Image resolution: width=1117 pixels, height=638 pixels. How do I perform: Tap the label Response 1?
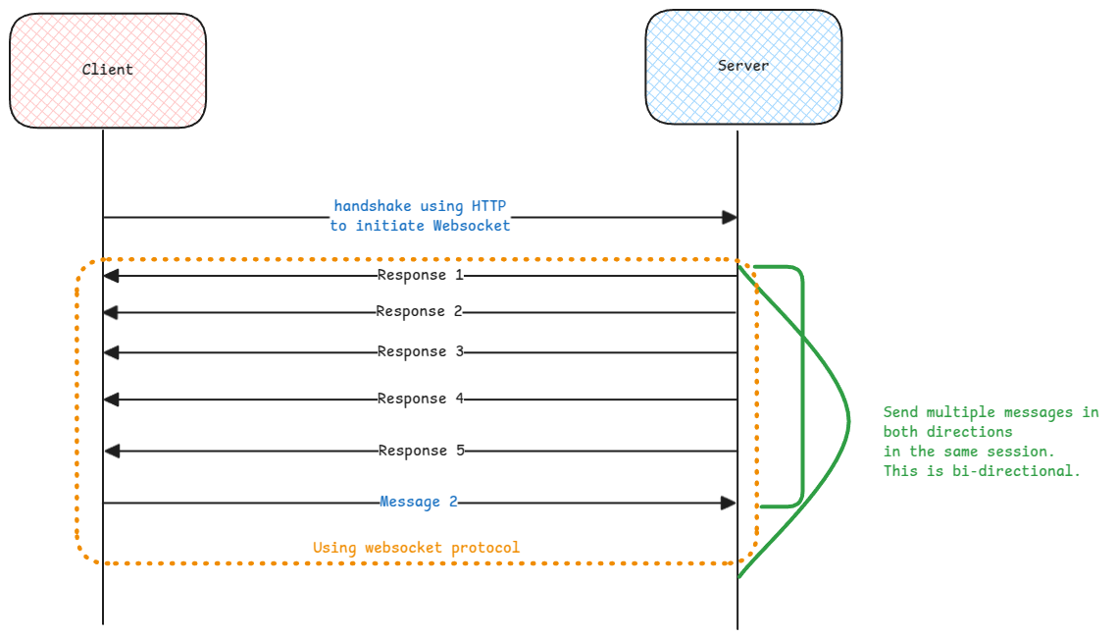[x=420, y=275]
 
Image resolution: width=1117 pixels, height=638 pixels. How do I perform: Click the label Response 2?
[x=419, y=311]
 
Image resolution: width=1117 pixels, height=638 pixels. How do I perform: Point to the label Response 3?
[x=420, y=351]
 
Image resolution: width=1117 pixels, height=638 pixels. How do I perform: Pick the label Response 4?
[x=420, y=399]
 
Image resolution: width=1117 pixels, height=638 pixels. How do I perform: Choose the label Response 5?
[x=421, y=451]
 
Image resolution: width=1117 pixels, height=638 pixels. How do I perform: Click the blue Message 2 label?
[x=419, y=502]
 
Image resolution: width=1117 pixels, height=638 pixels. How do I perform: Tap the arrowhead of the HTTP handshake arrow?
[x=729, y=217]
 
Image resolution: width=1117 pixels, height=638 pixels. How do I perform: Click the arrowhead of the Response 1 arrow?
[x=111, y=276]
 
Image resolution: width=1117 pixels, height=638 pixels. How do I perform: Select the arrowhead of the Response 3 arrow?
[x=111, y=351]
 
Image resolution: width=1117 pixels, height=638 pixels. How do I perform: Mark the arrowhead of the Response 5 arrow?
[x=112, y=451]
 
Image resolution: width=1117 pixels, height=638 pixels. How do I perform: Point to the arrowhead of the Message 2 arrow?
[x=728, y=503]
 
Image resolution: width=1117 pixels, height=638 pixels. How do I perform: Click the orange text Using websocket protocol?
[x=416, y=547]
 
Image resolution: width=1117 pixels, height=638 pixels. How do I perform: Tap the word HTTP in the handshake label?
[x=490, y=206]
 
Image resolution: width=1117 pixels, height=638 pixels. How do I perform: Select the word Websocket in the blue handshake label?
[x=472, y=225]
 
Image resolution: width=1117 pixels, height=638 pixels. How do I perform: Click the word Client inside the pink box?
[x=107, y=69]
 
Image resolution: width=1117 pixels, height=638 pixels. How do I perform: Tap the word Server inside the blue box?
[x=743, y=66]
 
